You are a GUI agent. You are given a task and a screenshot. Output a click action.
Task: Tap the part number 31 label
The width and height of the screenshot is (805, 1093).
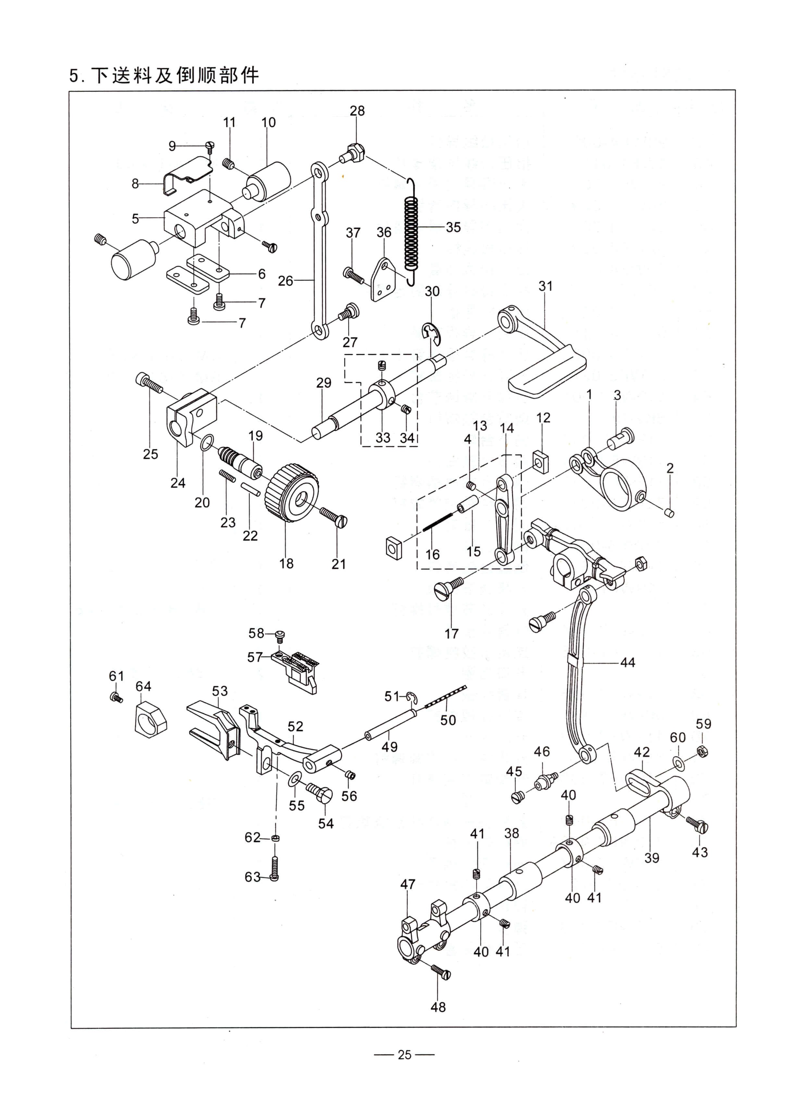545,286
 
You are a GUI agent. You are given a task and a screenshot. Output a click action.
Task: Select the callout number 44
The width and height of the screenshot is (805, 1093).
628,662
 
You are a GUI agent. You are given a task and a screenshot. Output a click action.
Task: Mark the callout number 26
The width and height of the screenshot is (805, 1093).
286,281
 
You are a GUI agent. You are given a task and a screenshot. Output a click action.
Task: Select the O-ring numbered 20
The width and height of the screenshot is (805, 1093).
207,443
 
